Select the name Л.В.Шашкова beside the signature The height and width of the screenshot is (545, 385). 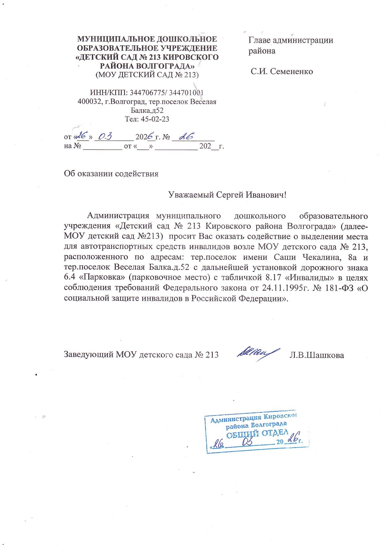(317, 355)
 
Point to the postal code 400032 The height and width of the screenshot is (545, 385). (89, 102)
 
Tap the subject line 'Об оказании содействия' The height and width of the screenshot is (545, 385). (111, 174)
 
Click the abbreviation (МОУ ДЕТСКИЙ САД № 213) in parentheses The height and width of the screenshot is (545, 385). (147, 75)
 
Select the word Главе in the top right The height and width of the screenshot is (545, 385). (261, 40)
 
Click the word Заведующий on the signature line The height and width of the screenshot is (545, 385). (88, 355)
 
